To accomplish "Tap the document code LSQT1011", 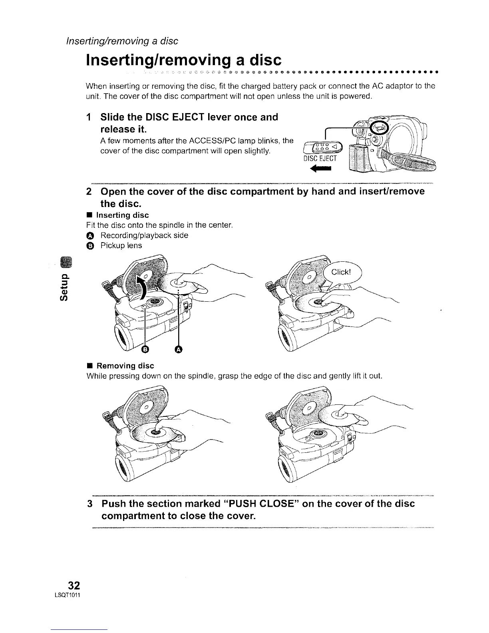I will (72, 596).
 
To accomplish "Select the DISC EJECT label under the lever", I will (320, 158).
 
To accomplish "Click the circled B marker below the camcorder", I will (145, 350).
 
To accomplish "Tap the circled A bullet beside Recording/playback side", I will (90, 235).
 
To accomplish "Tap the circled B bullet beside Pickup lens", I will (90, 245).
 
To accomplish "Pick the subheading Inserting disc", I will (123, 215).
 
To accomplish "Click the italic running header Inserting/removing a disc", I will (122, 41).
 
